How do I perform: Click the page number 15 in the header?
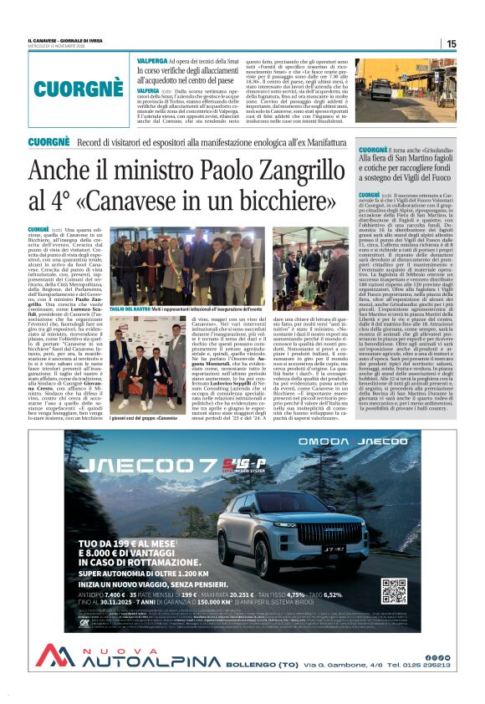coord(452,43)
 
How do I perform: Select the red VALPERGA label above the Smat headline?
coord(151,62)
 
